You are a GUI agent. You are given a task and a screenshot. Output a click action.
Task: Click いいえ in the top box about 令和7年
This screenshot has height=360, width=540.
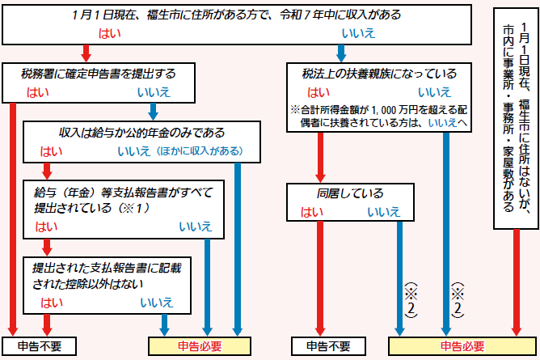coord(356,34)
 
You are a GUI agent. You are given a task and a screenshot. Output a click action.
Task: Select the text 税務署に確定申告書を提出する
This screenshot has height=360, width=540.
coord(98,73)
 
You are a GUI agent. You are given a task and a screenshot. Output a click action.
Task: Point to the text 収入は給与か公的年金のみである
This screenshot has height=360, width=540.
coord(135,132)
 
